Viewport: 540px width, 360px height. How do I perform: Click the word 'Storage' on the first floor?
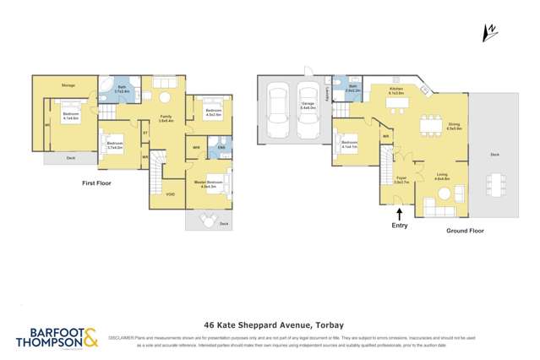[x=68, y=85]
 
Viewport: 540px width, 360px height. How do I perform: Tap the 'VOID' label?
[x=171, y=194]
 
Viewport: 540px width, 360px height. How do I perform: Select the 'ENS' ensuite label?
[x=221, y=148]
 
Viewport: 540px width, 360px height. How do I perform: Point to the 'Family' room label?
[x=166, y=117]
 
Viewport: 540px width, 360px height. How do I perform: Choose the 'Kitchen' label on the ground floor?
[x=397, y=89]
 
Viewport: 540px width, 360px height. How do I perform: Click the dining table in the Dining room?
[x=431, y=117]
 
